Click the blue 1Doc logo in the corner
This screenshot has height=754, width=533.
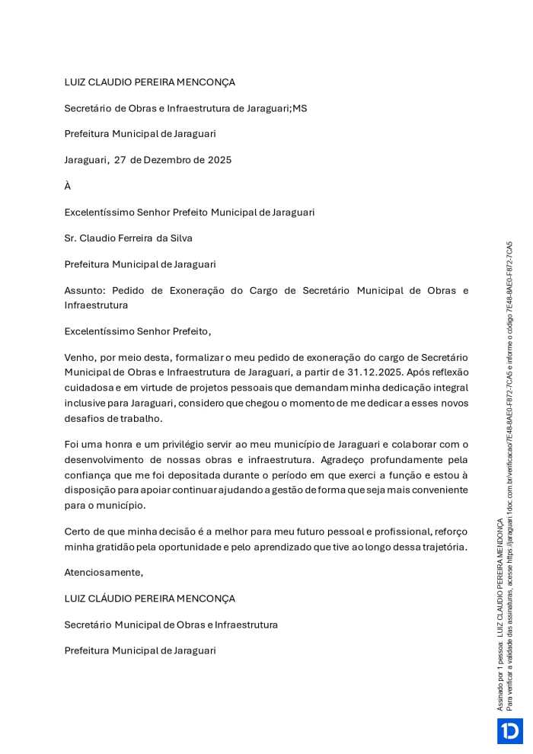coord(509,730)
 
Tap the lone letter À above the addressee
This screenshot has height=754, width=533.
coord(68,186)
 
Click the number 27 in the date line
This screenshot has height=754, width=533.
coord(120,160)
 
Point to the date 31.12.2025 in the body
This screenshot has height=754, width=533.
coord(375,372)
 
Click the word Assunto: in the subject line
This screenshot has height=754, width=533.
coord(86,291)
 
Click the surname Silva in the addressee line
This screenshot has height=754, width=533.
coord(179,238)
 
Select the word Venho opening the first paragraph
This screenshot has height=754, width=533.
coord(79,358)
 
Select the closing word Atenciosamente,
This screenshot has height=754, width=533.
coord(104,572)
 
